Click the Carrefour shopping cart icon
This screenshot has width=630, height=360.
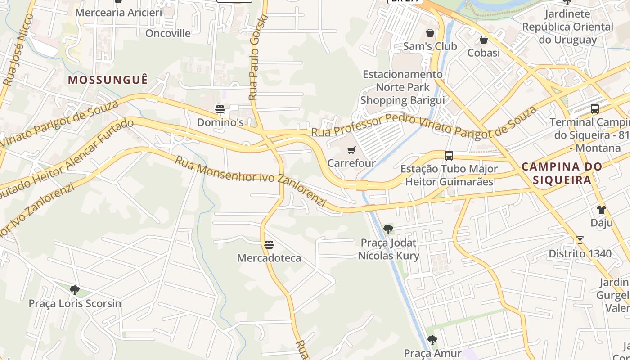351,150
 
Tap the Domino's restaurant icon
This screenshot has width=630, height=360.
220,109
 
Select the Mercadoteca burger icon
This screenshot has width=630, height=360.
269,245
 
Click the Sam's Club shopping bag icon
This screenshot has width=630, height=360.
430,33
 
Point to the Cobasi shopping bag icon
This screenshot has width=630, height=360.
484,40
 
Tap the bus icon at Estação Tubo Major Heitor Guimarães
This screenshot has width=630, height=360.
449,156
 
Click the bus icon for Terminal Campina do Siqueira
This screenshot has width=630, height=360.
595,109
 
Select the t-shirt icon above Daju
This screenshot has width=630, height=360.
602,210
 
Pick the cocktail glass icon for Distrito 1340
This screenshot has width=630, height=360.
580,240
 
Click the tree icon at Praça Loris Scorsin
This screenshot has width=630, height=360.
75,290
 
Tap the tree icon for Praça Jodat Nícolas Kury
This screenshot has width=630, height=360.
388,229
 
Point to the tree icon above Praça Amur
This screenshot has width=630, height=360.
432,340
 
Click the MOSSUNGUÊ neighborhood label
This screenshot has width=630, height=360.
108,80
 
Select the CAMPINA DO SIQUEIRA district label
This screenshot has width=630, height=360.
562,173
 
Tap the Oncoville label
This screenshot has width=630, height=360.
168,33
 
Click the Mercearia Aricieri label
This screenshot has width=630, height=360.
118,12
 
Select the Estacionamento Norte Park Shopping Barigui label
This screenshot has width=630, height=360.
402,87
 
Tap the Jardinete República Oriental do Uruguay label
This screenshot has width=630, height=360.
567,27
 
